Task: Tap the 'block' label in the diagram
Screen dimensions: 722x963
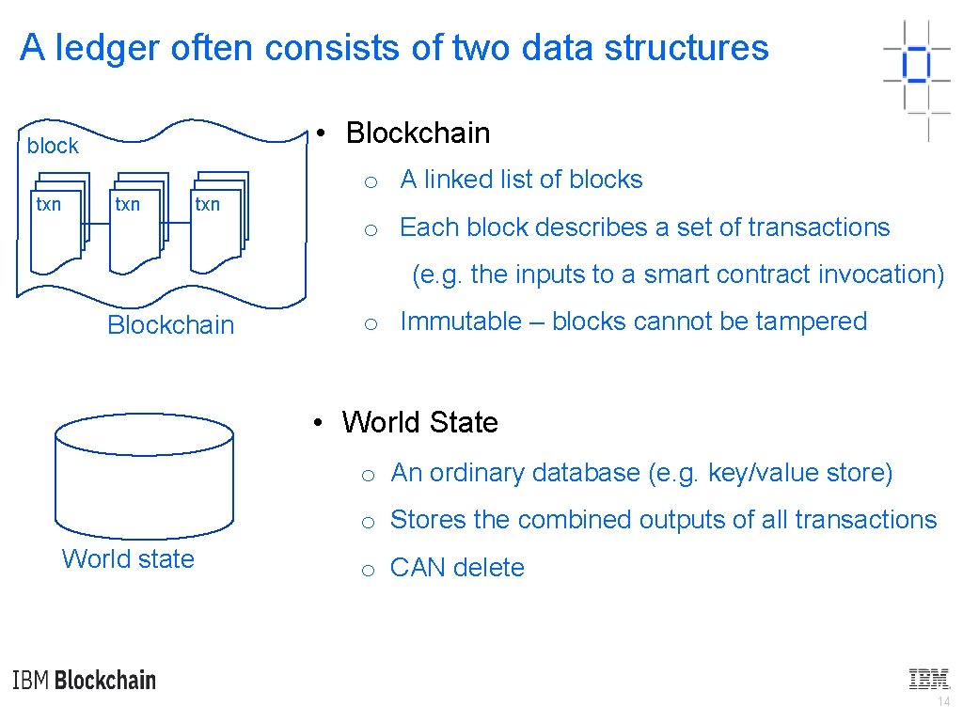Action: pos(53,146)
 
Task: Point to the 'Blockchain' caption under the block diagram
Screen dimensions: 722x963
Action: pos(170,325)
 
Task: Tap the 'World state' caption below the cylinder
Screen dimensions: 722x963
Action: pos(128,558)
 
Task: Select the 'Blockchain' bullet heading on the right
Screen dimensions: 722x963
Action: pos(418,133)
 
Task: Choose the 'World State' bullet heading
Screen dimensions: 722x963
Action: pos(419,423)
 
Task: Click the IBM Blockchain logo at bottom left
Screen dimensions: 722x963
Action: pos(85,680)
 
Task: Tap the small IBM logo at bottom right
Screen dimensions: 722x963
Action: pos(928,679)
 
